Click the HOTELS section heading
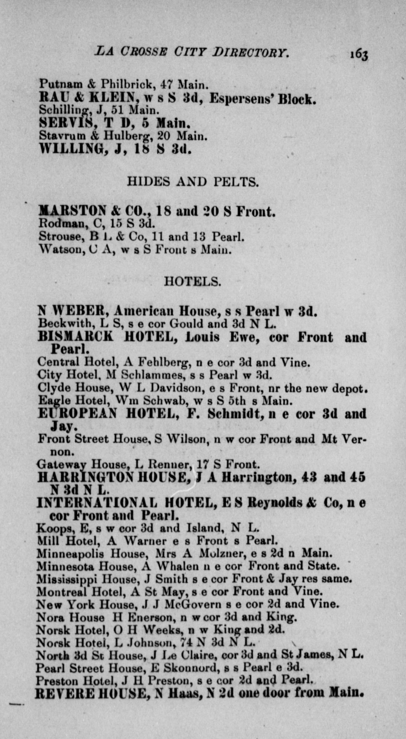click(x=193, y=281)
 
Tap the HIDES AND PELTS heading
click(x=193, y=182)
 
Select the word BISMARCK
click(x=75, y=337)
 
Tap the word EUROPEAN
click(x=77, y=414)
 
